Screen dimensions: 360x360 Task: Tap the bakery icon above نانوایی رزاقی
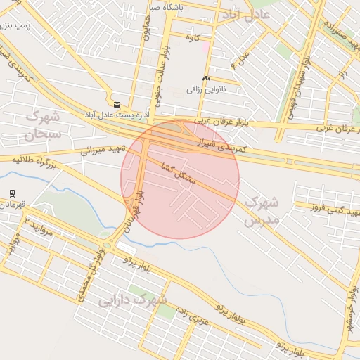[x=205, y=79]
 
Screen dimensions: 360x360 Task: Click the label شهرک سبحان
[x=44, y=123]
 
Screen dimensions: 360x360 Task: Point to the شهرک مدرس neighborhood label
[x=261, y=211]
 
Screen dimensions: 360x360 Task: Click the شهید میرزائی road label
[x=103, y=150]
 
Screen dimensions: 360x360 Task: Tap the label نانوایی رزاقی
[x=204, y=89]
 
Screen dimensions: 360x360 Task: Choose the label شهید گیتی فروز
[x=327, y=207]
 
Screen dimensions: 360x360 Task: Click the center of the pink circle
[x=180, y=179]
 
